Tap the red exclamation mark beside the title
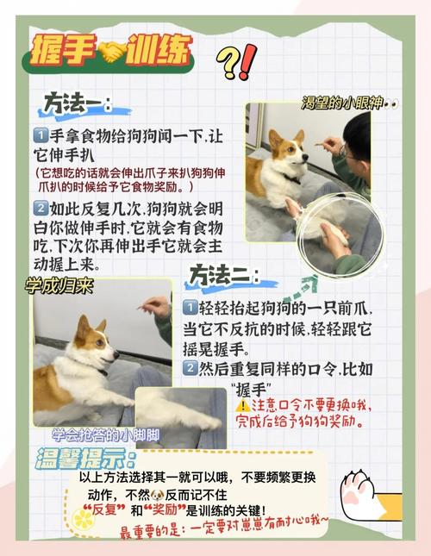coord(247,61)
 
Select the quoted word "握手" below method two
coord(253,389)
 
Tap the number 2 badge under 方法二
coord(190,368)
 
